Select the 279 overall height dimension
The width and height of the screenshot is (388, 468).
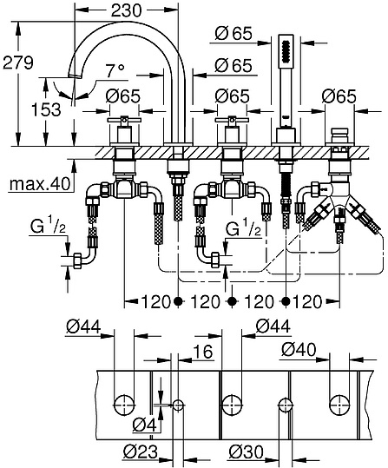click(18, 63)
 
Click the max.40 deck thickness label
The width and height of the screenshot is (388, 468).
click(36, 184)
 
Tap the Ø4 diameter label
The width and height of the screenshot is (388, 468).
click(146, 425)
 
